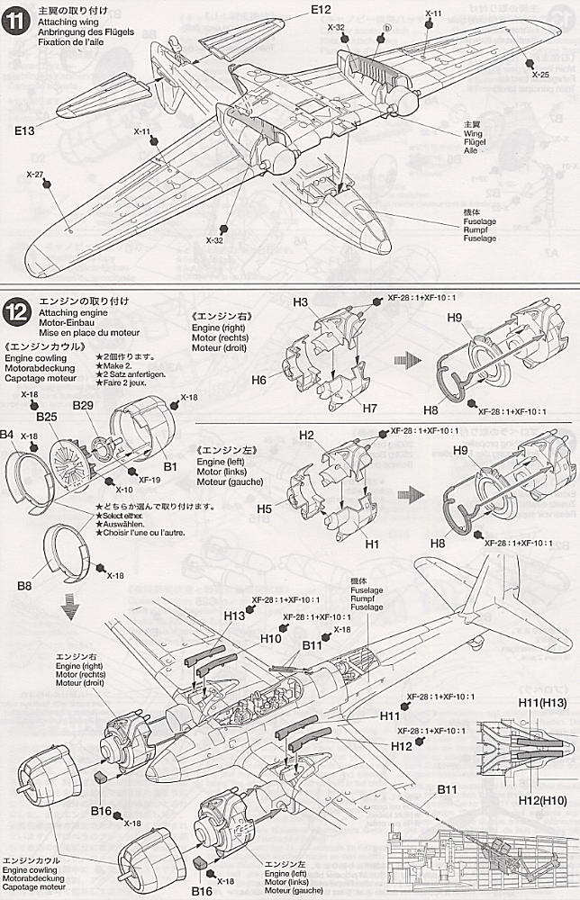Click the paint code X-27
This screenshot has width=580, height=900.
click(x=34, y=175)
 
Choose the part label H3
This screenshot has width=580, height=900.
click(x=301, y=301)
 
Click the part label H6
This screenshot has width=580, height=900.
click(x=259, y=381)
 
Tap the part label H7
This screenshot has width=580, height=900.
click(x=344, y=408)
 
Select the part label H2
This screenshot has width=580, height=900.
click(x=307, y=435)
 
